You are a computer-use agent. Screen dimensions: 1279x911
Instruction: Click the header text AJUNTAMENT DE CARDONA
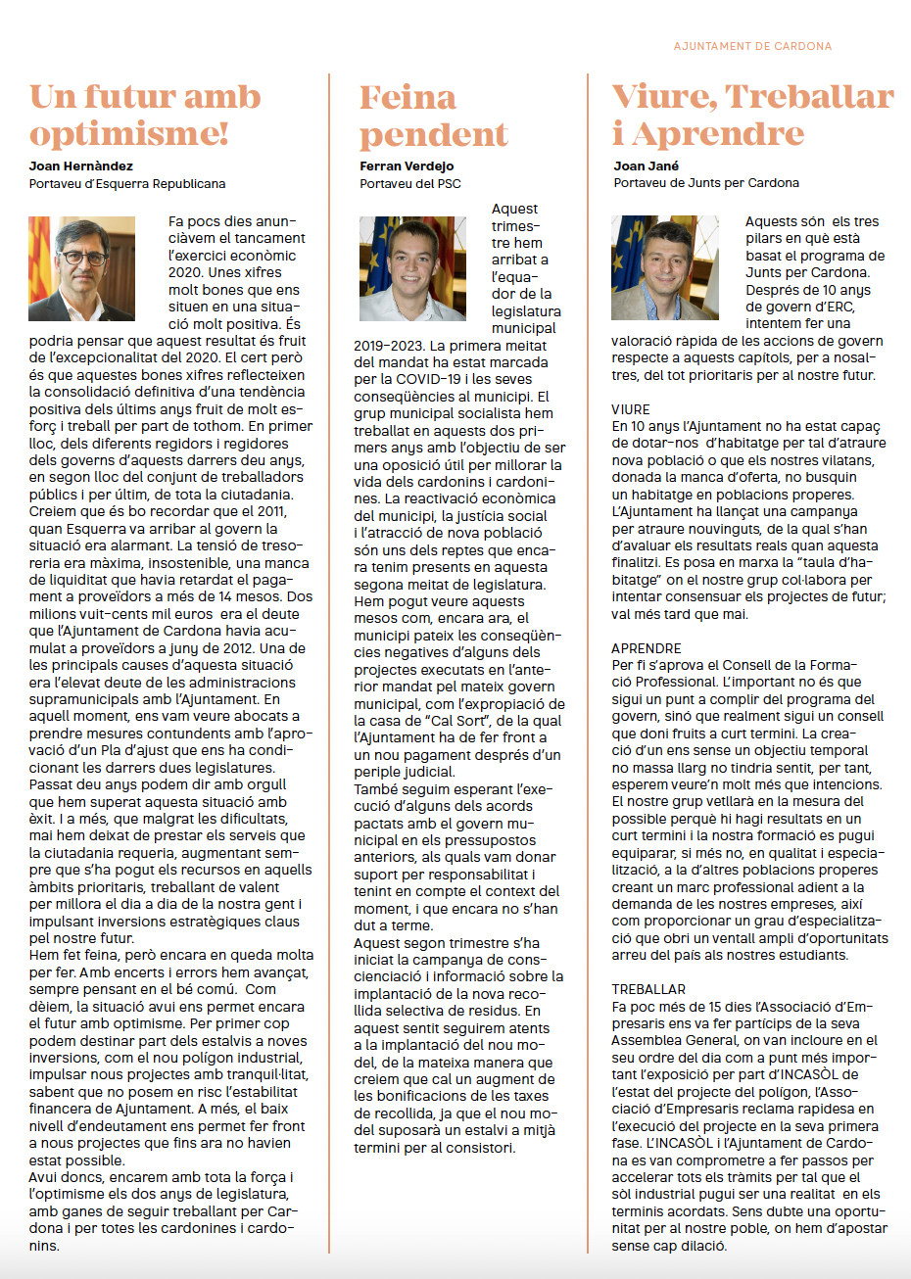click(752, 46)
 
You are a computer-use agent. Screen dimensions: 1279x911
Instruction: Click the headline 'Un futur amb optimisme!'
click(145, 115)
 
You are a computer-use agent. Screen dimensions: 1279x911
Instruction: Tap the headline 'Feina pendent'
click(433, 115)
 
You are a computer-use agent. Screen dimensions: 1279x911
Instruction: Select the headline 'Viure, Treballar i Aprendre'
click(752, 115)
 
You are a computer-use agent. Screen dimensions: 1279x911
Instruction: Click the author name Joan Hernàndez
click(81, 166)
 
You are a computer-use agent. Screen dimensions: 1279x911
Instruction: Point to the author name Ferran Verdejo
click(407, 166)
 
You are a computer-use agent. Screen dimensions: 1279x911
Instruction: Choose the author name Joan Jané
click(647, 166)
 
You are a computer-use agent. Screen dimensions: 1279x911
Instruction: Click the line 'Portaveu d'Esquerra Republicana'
click(127, 183)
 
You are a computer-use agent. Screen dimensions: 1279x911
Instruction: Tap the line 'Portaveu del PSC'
click(409, 183)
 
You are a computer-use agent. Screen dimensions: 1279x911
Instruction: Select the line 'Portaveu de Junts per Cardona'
click(706, 183)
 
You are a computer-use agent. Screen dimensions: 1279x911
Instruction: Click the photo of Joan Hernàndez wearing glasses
click(82, 268)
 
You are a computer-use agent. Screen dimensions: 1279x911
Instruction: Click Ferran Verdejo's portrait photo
click(412, 268)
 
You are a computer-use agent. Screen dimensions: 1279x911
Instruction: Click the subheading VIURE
click(631, 409)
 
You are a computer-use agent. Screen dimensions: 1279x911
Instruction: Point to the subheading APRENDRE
click(647, 648)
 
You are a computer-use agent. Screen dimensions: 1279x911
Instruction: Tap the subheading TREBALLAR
click(648, 989)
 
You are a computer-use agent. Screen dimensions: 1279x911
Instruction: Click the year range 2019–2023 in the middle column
click(387, 346)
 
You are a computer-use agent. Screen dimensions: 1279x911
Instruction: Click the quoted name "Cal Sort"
click(458, 721)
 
